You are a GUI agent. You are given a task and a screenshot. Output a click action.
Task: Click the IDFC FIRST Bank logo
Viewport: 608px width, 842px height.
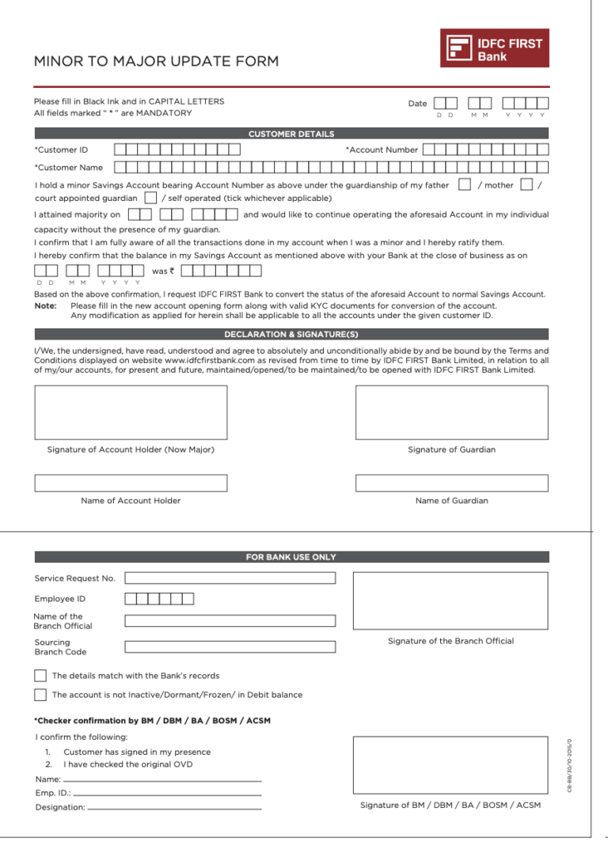[x=494, y=48]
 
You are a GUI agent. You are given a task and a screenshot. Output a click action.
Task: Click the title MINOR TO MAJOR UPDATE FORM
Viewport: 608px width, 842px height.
[x=156, y=62]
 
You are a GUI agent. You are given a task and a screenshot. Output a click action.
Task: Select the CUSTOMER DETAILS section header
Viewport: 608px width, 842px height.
[x=291, y=134]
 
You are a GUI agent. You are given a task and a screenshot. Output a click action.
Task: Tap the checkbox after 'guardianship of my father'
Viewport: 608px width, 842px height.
[x=465, y=185]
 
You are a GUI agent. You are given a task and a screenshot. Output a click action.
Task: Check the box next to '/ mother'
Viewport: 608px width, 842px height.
[x=526, y=185]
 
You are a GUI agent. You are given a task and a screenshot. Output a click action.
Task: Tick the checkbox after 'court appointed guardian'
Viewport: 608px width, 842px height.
[x=150, y=198]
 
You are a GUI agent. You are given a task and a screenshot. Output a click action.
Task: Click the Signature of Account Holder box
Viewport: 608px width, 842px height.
[x=131, y=412]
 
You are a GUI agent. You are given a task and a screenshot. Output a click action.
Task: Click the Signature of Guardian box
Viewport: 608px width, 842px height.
[x=451, y=412]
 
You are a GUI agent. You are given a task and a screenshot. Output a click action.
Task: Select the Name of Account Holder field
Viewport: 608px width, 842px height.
[x=131, y=483]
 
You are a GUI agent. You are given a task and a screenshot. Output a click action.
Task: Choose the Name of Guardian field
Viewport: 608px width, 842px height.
[x=451, y=483]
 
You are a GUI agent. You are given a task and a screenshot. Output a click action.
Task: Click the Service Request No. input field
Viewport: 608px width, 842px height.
[x=230, y=578]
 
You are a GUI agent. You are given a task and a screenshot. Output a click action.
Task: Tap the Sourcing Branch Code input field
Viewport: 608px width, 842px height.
[x=230, y=647]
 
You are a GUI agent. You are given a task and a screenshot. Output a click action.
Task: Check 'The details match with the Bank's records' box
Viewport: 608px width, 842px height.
[x=40, y=676]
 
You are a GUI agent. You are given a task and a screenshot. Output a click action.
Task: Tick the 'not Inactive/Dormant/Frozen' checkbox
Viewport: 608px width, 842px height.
[x=40, y=695]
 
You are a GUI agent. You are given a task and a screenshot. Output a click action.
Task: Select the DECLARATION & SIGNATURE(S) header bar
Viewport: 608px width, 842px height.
[x=291, y=334]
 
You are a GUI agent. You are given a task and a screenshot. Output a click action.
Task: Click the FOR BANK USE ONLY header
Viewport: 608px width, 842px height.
[x=291, y=557]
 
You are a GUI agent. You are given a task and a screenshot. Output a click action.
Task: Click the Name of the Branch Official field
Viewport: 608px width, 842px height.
[x=230, y=621]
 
